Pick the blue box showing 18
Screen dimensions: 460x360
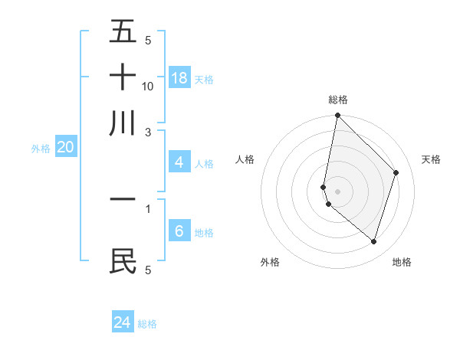click(179, 78)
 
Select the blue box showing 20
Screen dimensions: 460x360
click(65, 148)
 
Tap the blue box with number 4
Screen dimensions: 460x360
click(179, 162)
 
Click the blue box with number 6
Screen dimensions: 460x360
click(179, 231)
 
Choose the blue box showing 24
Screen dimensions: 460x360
click(123, 322)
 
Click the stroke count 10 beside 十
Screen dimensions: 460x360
click(148, 86)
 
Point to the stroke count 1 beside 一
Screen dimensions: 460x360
click(148, 208)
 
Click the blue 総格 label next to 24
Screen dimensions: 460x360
click(147, 324)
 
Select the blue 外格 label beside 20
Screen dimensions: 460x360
click(41, 149)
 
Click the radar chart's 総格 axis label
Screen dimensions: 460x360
click(338, 100)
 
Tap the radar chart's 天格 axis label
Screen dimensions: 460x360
click(431, 159)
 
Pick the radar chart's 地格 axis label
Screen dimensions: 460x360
click(402, 262)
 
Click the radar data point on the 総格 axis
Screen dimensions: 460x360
click(337, 116)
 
